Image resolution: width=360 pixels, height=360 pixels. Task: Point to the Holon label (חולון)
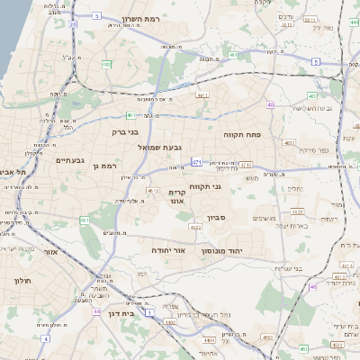point(22,281)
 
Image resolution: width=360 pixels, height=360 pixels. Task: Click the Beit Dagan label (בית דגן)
point(120,314)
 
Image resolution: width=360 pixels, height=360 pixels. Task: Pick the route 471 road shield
point(196,162)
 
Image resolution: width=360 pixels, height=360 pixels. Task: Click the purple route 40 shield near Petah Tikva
point(270,105)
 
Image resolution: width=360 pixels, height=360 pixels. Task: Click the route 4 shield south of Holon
point(95,311)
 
